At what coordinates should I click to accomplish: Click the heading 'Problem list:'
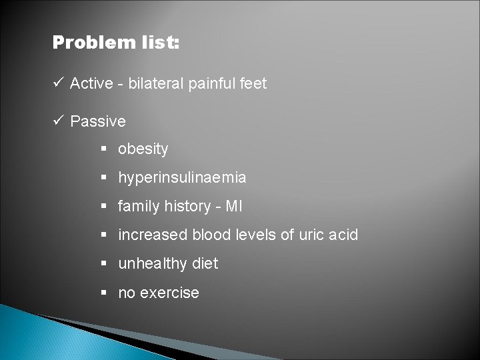point(116,43)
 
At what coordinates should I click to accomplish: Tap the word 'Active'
point(91,83)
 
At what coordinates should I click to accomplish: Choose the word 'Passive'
point(97,121)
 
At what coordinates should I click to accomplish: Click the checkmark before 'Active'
point(59,83)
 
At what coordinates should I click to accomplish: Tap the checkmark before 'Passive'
point(59,121)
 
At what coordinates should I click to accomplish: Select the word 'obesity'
point(143,149)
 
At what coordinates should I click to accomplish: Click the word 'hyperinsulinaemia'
point(182,178)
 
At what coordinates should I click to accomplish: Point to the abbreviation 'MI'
point(235,207)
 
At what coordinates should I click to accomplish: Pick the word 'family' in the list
point(138,207)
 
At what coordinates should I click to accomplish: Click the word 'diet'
point(203,264)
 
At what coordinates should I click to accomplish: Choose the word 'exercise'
point(169,293)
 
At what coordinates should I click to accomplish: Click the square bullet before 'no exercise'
point(105,293)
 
